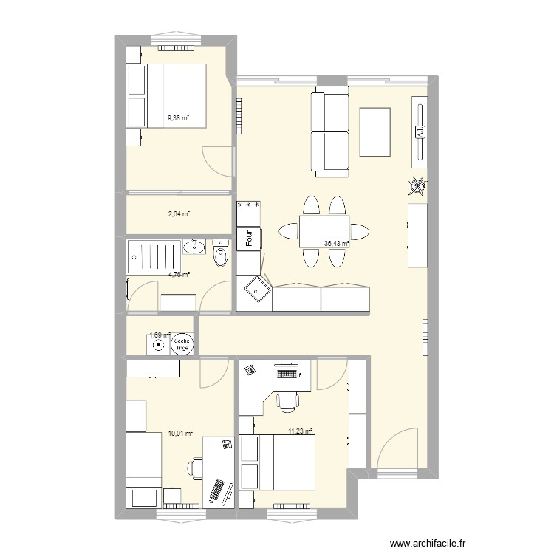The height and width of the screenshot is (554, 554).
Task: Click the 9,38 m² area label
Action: click(178, 117)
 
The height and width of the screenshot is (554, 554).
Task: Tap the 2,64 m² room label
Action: click(179, 214)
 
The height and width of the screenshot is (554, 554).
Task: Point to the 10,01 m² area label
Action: click(180, 434)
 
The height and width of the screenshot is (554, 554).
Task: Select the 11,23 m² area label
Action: click(300, 431)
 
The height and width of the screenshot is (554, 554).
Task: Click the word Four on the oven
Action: click(250, 239)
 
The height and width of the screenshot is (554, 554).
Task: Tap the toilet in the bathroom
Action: click(221, 254)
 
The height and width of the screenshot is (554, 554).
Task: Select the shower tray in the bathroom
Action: click(154, 256)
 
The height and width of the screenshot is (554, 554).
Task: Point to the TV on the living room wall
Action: click(420, 131)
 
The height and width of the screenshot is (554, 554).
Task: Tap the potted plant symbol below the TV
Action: click(418, 185)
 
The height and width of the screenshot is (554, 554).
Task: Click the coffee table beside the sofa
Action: click(375, 131)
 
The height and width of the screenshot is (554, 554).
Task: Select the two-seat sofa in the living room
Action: click(330, 132)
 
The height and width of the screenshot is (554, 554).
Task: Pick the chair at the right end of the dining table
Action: click(360, 232)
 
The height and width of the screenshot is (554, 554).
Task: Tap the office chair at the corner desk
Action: click(287, 400)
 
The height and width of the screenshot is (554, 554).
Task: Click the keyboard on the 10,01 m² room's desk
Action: click(218, 493)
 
